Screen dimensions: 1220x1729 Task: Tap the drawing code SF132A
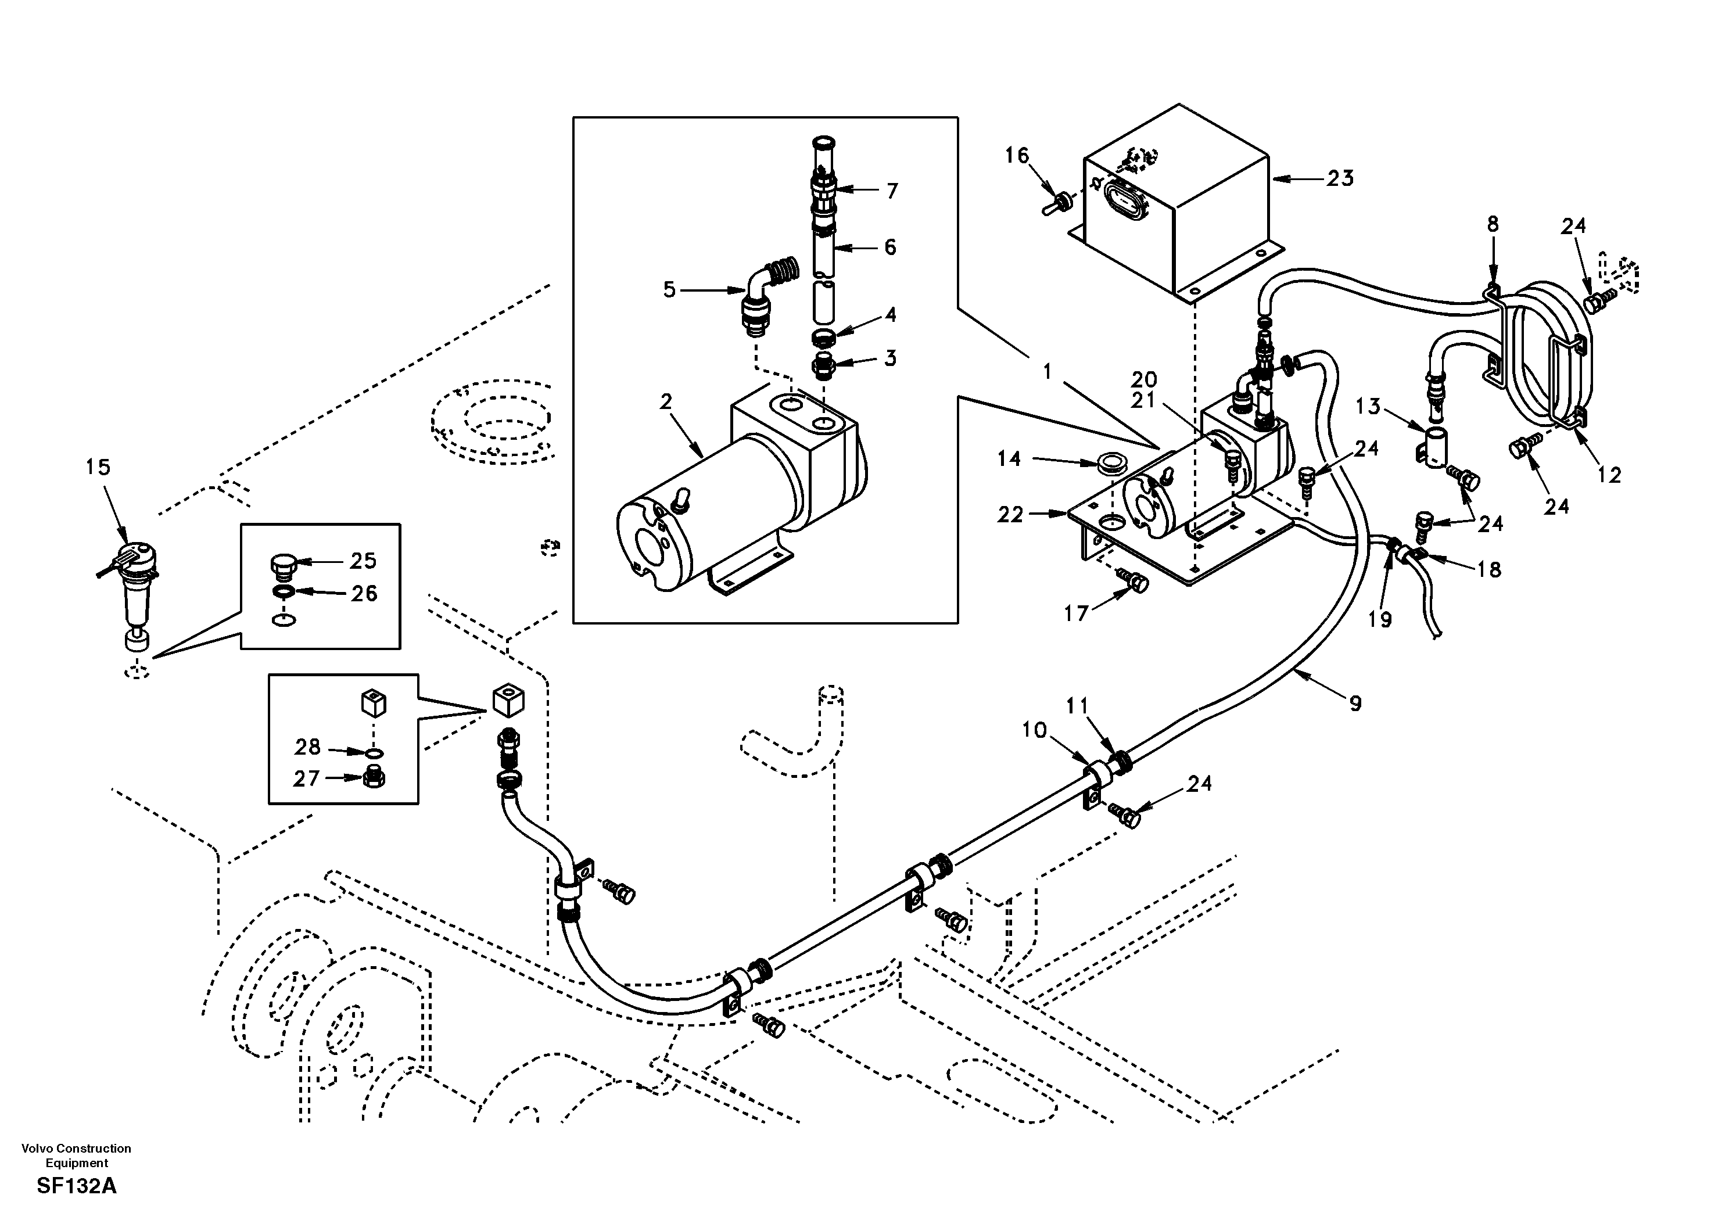pyautogui.click(x=76, y=1186)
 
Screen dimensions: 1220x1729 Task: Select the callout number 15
pyautogui.click(x=98, y=467)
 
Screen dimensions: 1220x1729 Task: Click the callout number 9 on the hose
pyautogui.click(x=1355, y=704)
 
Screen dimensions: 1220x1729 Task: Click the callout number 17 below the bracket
pyautogui.click(x=1076, y=613)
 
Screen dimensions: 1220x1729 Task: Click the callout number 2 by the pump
pyautogui.click(x=666, y=402)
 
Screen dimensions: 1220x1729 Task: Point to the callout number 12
pyautogui.click(x=1609, y=475)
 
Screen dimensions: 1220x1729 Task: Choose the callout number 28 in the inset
pyautogui.click(x=307, y=747)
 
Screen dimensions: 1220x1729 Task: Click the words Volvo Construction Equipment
pyautogui.click(x=76, y=1156)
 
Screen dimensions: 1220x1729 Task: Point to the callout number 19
pyautogui.click(x=1380, y=619)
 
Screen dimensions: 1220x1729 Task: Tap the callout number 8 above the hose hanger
pyautogui.click(x=1493, y=224)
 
